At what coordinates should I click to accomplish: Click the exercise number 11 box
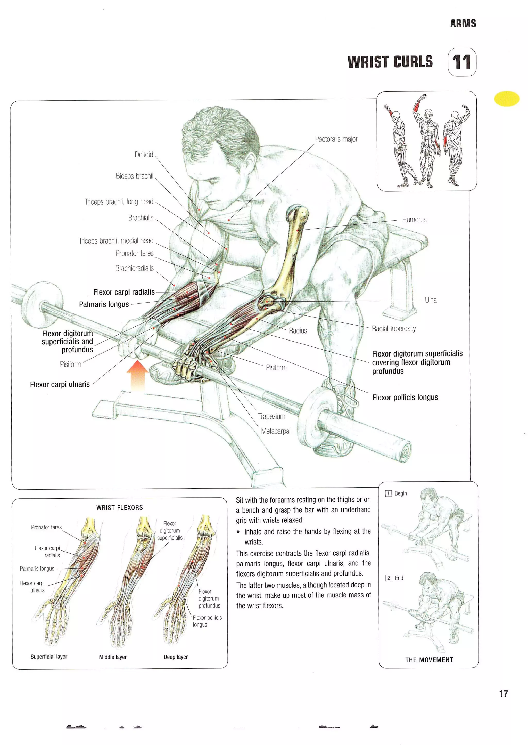point(462,62)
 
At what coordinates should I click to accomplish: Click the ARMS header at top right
point(463,23)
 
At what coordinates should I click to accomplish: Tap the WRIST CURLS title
point(390,62)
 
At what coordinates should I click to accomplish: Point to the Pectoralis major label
point(336,139)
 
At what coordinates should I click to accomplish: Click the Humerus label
point(414,220)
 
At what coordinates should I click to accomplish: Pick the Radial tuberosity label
point(393,329)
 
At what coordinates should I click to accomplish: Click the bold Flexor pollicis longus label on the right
point(405,397)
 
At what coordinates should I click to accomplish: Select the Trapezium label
point(271,416)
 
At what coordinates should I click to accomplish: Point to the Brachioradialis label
point(134,268)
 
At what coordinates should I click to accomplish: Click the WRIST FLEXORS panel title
point(119,507)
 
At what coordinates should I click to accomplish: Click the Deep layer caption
point(176,657)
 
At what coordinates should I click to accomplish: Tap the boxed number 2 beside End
point(389,578)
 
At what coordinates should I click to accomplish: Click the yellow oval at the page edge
point(507,98)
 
